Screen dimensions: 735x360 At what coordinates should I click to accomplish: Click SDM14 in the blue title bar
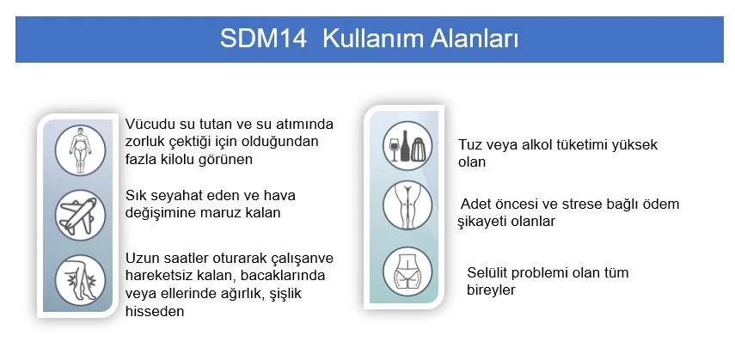(263, 39)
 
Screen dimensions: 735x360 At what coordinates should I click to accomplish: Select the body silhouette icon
(80, 150)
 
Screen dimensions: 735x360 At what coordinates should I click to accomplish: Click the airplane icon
(80, 215)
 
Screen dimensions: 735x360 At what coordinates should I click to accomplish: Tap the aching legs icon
(80, 280)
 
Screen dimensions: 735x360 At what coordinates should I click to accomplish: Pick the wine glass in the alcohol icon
(394, 146)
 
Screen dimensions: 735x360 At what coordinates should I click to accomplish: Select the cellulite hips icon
(407, 272)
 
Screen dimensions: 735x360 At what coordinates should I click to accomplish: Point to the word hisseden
(155, 311)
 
